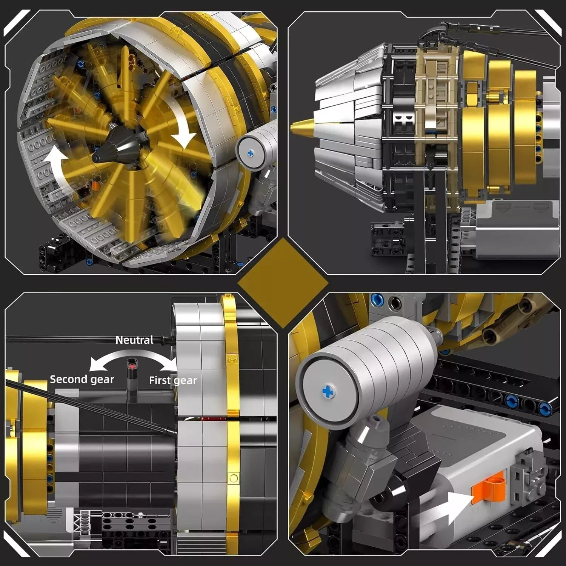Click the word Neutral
pyautogui.click(x=134, y=340)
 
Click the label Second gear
pyautogui.click(x=82, y=379)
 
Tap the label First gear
pyautogui.click(x=173, y=380)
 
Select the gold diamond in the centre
pyautogui.click(x=283, y=283)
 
